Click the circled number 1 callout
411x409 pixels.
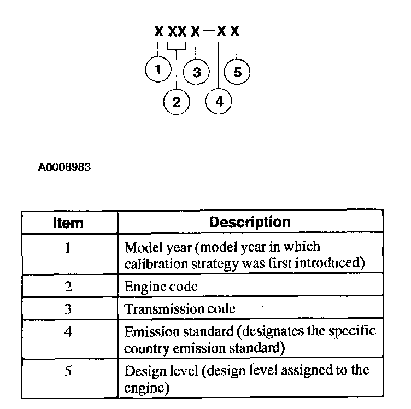coord(158,70)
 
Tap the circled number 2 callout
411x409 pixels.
coord(177,101)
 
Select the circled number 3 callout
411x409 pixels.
coord(197,72)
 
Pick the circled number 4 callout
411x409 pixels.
coord(219,101)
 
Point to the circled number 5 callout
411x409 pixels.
coord(237,72)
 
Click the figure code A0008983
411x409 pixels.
coord(64,167)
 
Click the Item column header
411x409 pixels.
coord(68,223)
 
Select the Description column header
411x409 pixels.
coord(250,223)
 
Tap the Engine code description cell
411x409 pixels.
coord(161,287)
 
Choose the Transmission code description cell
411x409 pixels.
coord(180,309)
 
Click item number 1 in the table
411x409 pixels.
coord(68,248)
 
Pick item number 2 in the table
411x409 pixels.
coord(68,287)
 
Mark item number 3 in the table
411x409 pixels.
coord(68,309)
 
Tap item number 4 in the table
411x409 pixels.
coord(68,332)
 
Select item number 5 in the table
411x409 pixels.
coord(68,370)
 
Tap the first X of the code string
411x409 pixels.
coord(159,31)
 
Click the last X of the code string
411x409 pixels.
coord(235,31)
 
